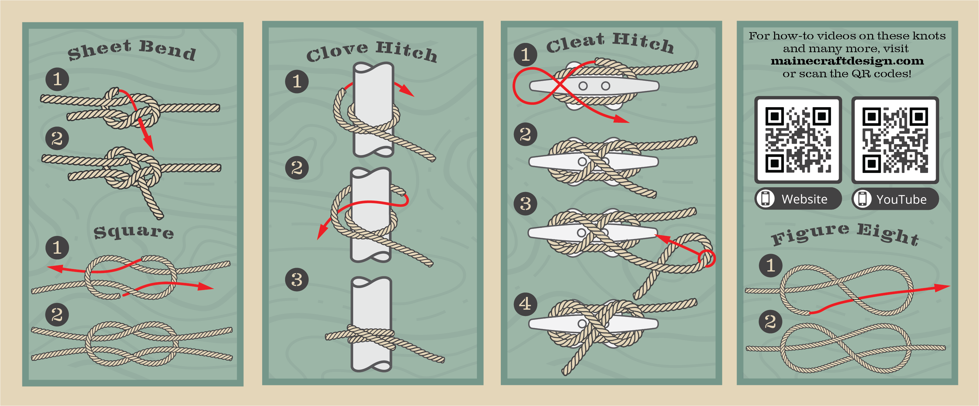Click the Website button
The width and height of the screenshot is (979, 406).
coord(798,199)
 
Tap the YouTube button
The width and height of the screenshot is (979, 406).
coord(895,199)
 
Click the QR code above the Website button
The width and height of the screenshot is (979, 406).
coord(798,140)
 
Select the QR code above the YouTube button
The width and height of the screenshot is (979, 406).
coord(895,140)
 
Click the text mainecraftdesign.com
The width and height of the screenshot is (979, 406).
coord(847,61)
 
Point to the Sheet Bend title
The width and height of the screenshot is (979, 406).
coord(131,50)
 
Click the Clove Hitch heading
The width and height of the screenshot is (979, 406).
coord(372,52)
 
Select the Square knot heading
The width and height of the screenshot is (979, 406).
coord(134,232)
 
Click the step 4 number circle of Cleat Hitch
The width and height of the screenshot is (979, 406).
coord(525,304)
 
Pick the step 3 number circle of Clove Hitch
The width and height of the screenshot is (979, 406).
coord(297,280)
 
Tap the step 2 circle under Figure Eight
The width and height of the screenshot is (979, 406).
coord(770,322)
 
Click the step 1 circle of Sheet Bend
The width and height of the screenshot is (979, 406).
coord(57,79)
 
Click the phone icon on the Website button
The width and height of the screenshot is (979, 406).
coord(766,199)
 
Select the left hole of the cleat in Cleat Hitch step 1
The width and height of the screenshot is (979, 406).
coord(583,86)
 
